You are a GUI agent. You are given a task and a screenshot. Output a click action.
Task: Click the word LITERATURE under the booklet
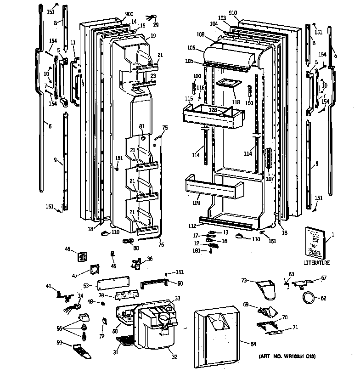click(316, 263)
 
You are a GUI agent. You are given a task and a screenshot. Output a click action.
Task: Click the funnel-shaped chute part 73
click(266, 289)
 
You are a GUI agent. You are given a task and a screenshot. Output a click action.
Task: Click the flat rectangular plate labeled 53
click(113, 286)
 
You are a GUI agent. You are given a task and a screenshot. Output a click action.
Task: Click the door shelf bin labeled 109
click(214, 187)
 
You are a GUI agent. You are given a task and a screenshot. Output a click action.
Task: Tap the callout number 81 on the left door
click(141, 127)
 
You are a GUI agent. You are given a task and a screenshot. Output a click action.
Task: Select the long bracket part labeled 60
click(155, 283)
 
